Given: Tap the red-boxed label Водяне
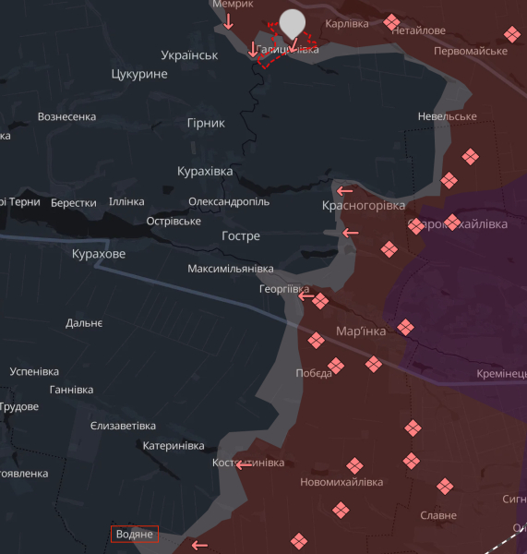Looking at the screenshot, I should [x=135, y=534].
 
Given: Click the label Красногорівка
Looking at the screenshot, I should [x=364, y=205].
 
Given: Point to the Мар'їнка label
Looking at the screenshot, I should [x=361, y=332].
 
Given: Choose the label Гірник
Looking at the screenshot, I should [x=206, y=123].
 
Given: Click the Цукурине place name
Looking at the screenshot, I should [x=139, y=74].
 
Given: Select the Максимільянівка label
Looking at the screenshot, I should [x=231, y=269].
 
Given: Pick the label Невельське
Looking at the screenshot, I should [x=447, y=116].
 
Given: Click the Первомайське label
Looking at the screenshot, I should [x=471, y=51].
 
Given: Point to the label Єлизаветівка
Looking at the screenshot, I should [x=124, y=426].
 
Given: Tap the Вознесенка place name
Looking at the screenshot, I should [x=66, y=117].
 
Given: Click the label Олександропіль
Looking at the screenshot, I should [x=229, y=201].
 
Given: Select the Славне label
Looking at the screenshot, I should [x=437, y=515].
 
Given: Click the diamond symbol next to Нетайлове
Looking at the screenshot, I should [x=392, y=21].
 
